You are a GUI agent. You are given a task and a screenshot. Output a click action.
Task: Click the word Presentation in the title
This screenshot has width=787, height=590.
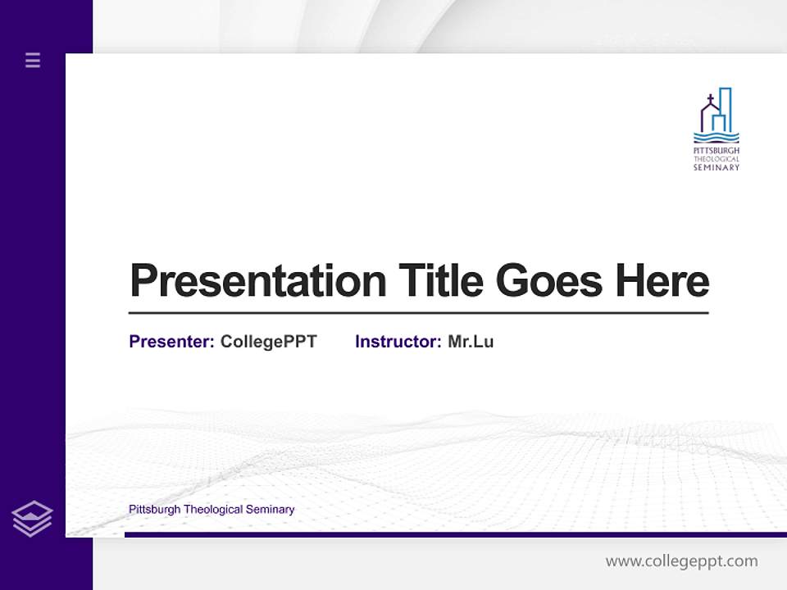(257, 281)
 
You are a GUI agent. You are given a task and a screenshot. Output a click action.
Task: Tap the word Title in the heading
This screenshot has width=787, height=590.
(440, 281)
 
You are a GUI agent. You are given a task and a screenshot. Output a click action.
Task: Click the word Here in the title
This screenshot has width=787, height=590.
(662, 281)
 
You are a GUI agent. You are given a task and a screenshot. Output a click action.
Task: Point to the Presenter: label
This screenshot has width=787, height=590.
(171, 342)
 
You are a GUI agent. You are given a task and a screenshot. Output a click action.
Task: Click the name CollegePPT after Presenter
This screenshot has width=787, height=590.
(268, 342)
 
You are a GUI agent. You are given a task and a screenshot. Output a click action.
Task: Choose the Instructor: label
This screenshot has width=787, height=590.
(398, 342)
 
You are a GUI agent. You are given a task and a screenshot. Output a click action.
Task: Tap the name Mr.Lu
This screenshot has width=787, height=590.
(471, 342)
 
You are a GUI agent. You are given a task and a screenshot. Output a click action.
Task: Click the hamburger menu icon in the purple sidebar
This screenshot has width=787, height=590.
(33, 60)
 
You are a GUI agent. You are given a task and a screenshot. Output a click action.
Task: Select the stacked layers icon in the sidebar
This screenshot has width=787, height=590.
(32, 519)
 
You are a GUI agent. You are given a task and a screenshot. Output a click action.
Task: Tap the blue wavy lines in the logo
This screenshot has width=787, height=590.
(716, 138)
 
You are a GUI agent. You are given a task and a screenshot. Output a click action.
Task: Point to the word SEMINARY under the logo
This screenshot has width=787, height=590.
(716, 167)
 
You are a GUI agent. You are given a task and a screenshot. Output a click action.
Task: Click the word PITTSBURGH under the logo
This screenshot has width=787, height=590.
(716, 152)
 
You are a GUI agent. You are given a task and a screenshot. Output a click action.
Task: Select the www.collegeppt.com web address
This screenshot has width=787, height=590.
(681, 561)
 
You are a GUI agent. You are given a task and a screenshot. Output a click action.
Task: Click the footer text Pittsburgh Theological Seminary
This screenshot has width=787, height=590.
(212, 510)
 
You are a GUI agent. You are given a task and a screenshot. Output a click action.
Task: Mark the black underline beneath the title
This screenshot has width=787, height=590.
(418, 312)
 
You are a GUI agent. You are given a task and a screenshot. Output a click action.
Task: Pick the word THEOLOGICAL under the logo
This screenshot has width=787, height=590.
(716, 159)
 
